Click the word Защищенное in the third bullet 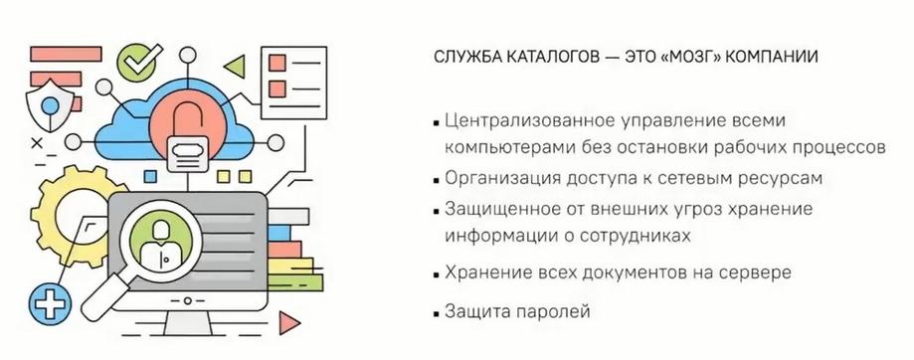(x=498, y=210)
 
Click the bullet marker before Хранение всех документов (x=436, y=274)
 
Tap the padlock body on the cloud (x=187, y=153)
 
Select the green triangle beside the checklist (x=235, y=67)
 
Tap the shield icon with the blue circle (x=50, y=106)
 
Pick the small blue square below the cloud (x=151, y=175)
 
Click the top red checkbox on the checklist (x=276, y=63)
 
